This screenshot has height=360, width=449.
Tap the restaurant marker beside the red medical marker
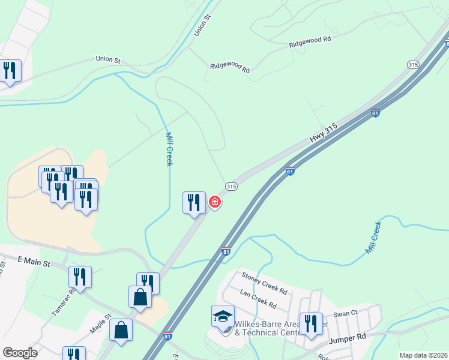(x=194, y=202)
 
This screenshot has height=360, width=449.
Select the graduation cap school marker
(x=222, y=316)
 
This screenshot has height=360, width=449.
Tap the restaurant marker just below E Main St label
(x=80, y=277)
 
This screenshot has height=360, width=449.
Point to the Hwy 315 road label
(x=324, y=133)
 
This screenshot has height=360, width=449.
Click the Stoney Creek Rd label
(x=264, y=280)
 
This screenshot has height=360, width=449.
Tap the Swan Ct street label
(x=345, y=313)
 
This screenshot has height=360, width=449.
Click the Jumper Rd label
(x=348, y=338)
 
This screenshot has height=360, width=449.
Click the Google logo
(x=20, y=353)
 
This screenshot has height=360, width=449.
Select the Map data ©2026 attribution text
(x=423, y=355)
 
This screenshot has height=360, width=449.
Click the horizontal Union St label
(x=108, y=59)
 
